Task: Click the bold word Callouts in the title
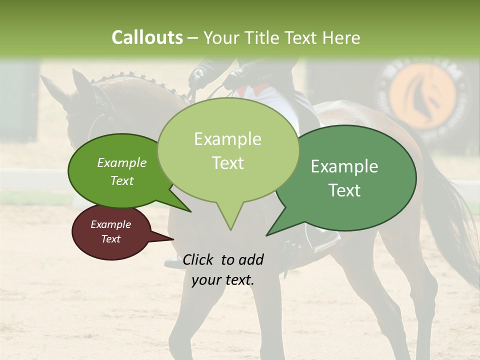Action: [x=147, y=37]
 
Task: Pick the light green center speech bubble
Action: [x=228, y=150]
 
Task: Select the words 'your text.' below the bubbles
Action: [x=223, y=280]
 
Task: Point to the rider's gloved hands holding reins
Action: [x=235, y=80]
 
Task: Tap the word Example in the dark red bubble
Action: [x=110, y=224]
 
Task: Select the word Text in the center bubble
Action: [x=228, y=163]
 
